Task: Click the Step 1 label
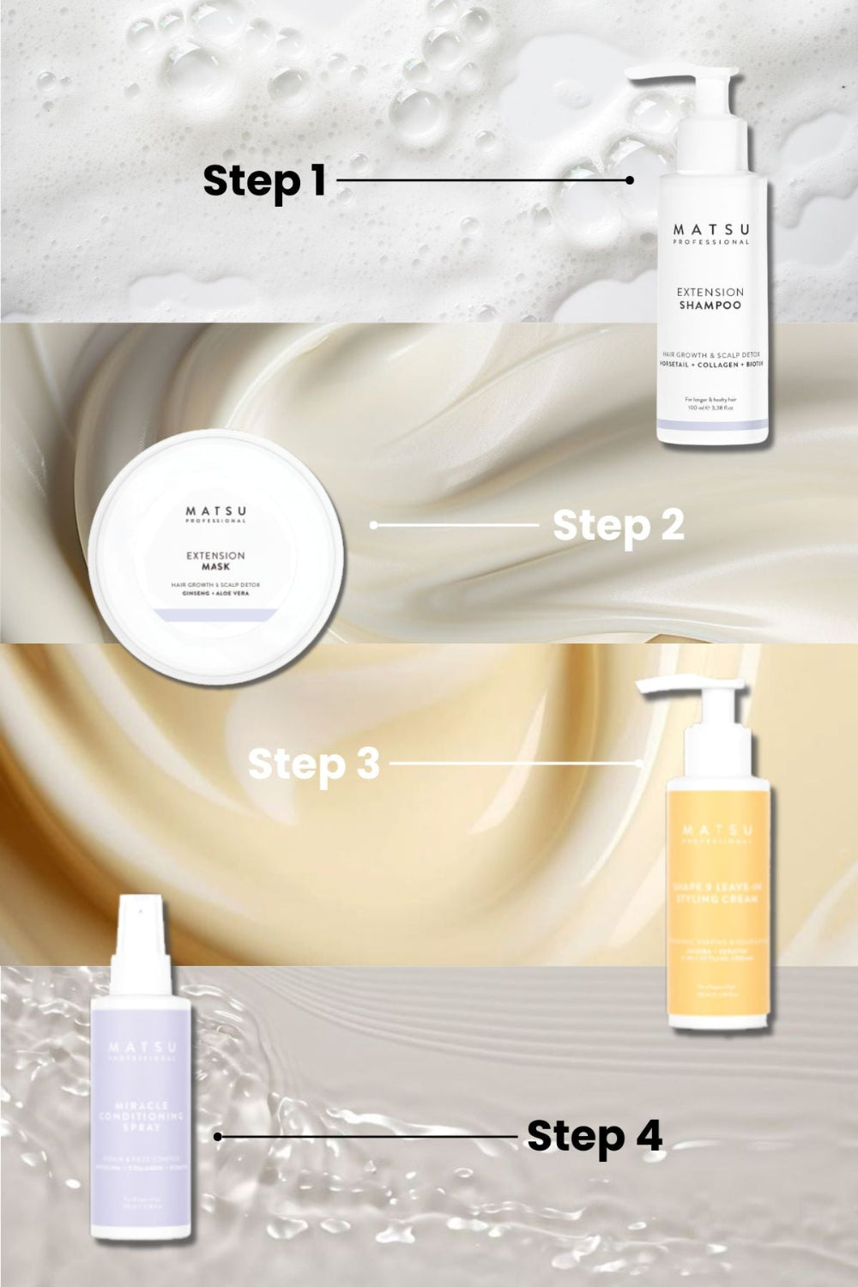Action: coord(264,181)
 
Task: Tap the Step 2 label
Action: coord(618,525)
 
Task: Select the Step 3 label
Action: coord(313,764)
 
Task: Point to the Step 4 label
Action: coord(594,1136)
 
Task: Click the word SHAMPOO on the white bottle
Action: coord(709,305)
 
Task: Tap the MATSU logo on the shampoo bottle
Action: coord(709,231)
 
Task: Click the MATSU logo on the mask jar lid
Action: coord(216,509)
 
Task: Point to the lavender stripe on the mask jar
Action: coord(216,613)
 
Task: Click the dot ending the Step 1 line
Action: coord(630,180)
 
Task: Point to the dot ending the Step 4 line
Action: coord(218,1137)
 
